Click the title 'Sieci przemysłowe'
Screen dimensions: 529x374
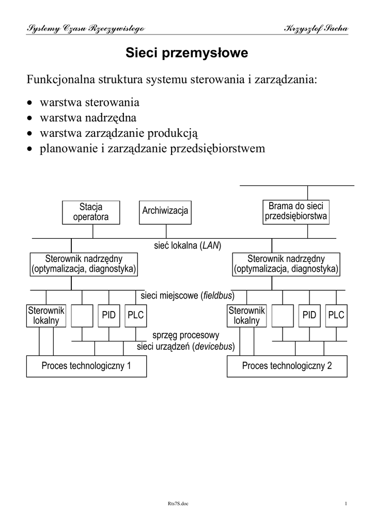188,53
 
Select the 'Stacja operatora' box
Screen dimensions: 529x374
91,212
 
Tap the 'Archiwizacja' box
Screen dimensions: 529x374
165,211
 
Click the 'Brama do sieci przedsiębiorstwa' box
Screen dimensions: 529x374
295,212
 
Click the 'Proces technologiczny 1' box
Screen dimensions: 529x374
86,366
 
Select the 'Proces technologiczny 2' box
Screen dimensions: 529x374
287,366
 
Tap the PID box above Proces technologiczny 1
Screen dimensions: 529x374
108,315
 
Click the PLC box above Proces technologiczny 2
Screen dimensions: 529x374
336,315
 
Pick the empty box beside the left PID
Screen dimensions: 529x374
82,315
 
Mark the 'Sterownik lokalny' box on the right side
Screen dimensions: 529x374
246,315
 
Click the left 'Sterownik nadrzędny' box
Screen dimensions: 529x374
84,263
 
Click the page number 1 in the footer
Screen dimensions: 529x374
346,504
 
